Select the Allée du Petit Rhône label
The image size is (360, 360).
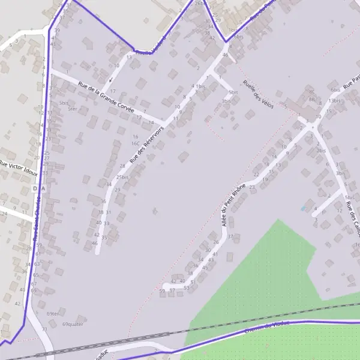pos(234,205)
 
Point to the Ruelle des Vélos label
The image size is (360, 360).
pos(259,94)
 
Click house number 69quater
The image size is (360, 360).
pos(73,324)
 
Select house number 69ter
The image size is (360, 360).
pos(53,314)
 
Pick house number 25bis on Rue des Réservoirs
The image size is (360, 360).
pos(122,178)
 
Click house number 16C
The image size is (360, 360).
pos(136,144)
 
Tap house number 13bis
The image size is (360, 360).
pos(334,101)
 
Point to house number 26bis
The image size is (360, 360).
pos(200,3)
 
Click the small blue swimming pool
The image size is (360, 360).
pos(303,208)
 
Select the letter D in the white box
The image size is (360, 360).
pos(35,188)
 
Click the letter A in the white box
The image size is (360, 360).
pos(43,188)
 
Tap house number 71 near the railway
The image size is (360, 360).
pos(44,329)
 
